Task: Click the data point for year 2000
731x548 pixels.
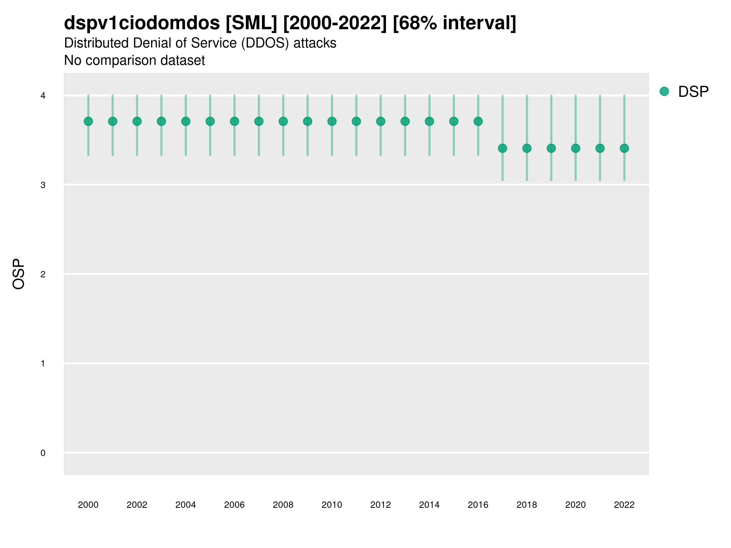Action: tap(88, 121)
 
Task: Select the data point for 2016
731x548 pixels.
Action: tap(478, 121)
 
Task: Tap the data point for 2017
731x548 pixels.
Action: tap(502, 148)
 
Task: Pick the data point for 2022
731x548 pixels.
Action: tap(624, 148)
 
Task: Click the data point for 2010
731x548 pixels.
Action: tap(332, 121)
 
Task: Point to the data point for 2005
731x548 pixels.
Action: tap(210, 121)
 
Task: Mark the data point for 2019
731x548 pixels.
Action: tap(551, 148)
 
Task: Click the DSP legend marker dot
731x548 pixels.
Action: tap(664, 92)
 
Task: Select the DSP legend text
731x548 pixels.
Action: tap(693, 92)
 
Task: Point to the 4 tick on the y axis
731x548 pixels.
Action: tap(43, 96)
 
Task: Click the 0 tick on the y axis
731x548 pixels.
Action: tap(43, 453)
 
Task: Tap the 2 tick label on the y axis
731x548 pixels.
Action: tap(43, 274)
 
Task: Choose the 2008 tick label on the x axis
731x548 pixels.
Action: tap(283, 505)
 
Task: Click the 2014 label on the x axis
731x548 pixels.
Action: tap(429, 505)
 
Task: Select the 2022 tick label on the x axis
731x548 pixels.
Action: tap(624, 505)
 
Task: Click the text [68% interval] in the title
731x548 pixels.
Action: tap(454, 23)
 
